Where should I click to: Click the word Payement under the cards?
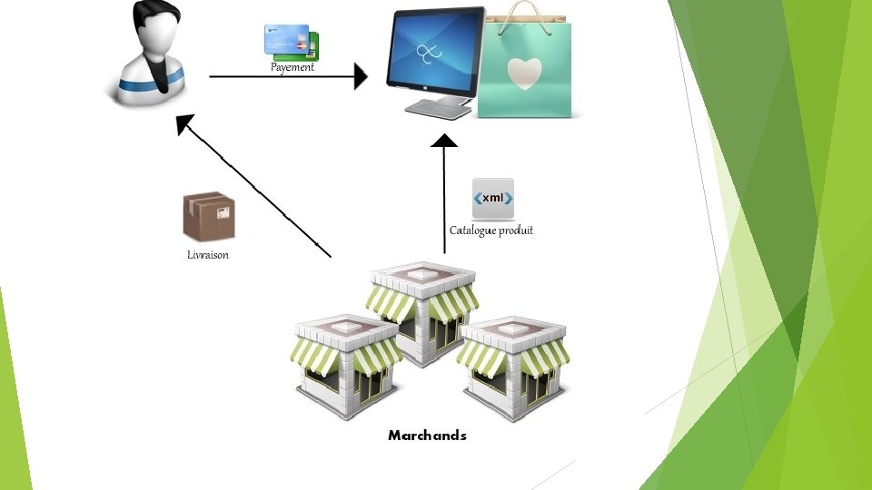point(292,67)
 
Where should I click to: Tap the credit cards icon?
point(291,42)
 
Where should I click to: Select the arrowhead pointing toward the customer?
point(185,124)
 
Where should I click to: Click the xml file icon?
point(493,199)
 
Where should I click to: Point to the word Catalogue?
point(471,230)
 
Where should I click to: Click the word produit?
point(514,230)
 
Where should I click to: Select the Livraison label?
point(208,255)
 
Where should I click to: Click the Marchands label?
point(427,436)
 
